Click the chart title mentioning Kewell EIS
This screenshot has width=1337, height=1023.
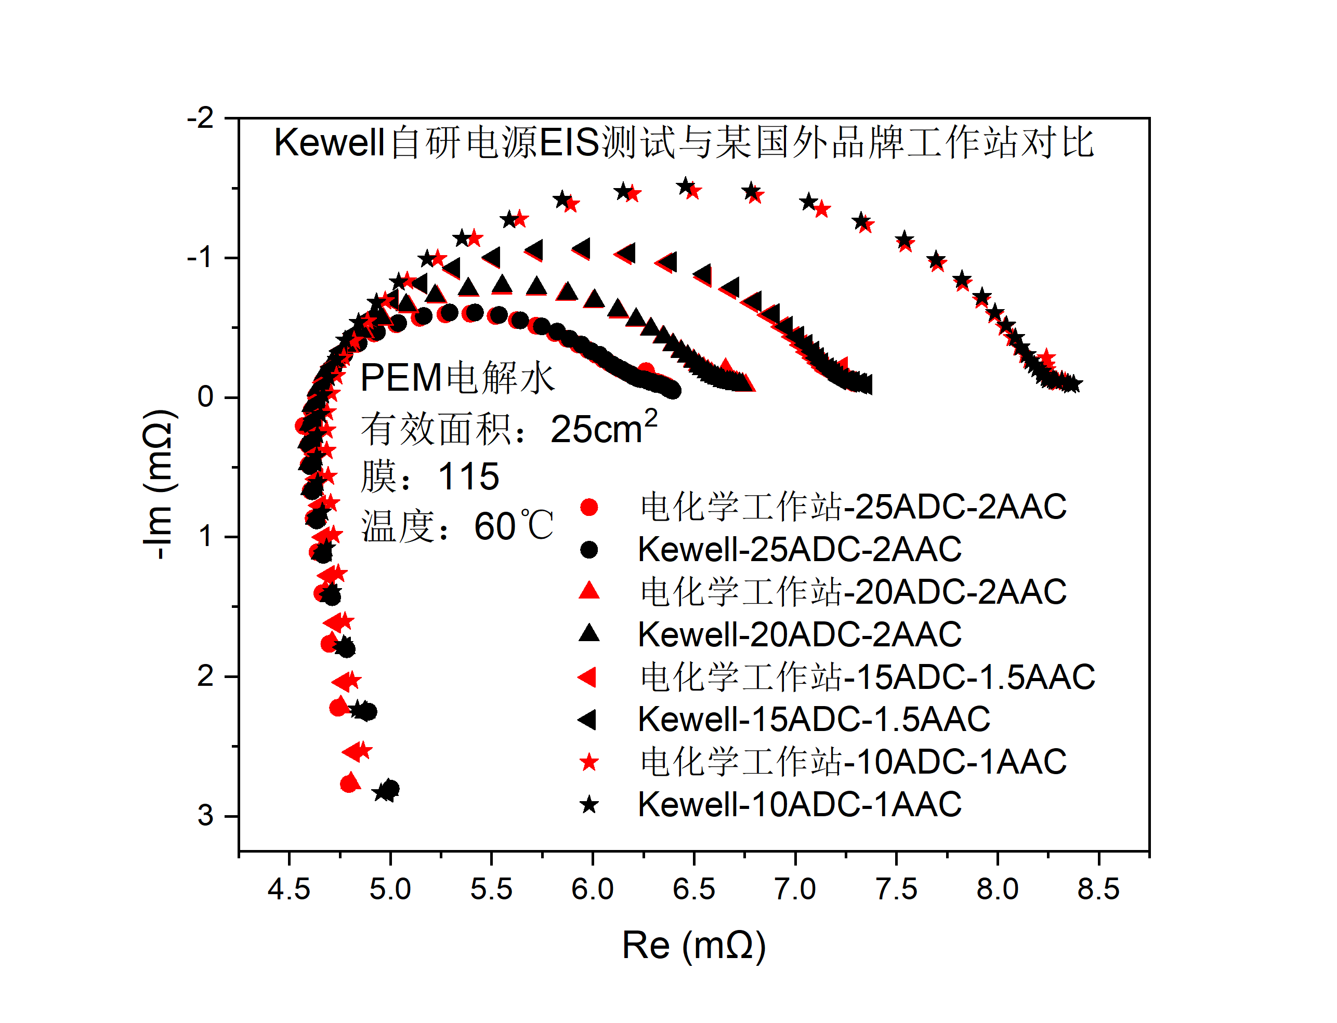point(684,142)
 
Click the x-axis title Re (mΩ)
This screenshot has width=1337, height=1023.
point(693,945)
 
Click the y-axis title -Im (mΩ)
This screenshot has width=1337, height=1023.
point(160,484)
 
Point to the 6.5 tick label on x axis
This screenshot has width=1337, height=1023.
point(693,889)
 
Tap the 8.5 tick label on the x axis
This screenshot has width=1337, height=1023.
point(1098,889)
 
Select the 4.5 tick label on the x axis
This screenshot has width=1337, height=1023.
point(289,889)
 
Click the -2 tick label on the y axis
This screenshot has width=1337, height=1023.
point(201,118)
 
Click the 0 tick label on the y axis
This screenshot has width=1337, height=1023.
point(205,397)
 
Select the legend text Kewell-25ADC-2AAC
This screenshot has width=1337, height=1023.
point(799,549)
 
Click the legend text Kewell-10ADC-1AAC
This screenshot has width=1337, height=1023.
point(799,804)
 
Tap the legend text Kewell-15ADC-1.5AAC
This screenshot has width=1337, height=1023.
point(814,719)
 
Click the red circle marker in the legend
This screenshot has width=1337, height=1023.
point(589,507)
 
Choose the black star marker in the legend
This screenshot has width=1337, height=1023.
point(589,805)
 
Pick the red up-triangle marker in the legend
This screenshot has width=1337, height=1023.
point(589,591)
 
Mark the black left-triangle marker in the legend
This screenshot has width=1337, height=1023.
point(587,720)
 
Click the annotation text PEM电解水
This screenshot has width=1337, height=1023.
point(457,378)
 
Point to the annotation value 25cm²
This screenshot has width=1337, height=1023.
point(603,428)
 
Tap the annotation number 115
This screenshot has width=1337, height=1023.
point(468,476)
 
